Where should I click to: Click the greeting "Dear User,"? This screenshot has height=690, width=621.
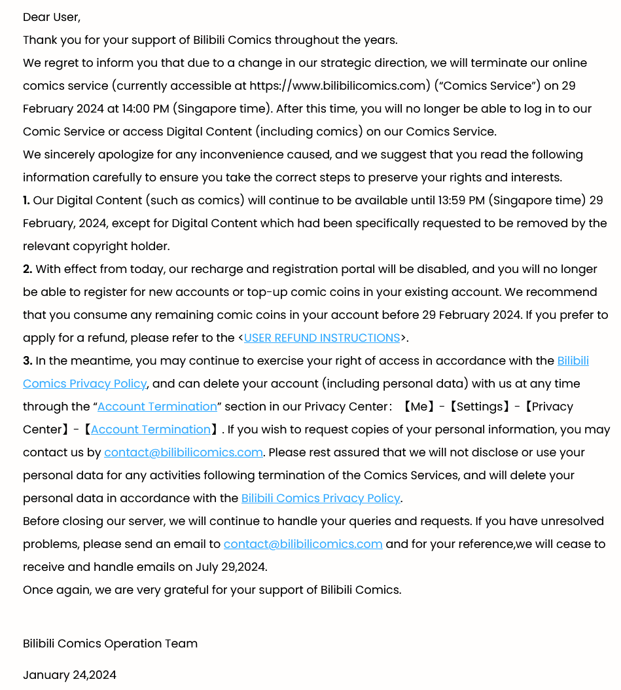click(52, 17)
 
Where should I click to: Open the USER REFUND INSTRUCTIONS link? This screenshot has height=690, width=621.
click(322, 338)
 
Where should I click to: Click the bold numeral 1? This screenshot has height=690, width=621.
click(26, 200)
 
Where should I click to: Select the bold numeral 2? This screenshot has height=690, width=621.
click(27, 269)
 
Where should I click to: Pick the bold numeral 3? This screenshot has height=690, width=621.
click(27, 361)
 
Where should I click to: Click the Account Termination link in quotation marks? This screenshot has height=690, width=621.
click(157, 407)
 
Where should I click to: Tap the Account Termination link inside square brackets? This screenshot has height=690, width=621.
click(151, 429)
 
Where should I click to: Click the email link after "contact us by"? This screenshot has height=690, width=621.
click(183, 452)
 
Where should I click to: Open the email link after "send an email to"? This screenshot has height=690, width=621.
click(303, 544)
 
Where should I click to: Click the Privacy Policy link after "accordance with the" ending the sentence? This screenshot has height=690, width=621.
click(321, 498)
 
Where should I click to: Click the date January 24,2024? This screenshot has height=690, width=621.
click(69, 675)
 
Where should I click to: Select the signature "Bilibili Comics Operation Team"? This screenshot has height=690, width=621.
click(110, 644)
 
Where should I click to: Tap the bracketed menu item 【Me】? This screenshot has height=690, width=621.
click(419, 407)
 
